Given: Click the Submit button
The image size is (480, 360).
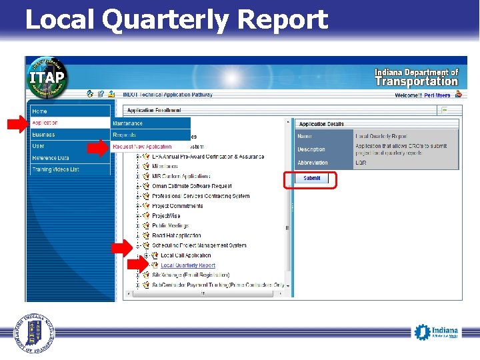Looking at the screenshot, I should click(311, 179).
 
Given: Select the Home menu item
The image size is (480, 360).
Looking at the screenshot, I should click(40, 111).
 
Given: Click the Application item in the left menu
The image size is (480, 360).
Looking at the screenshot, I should click(45, 123).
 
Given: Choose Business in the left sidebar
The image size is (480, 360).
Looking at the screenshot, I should click(44, 135).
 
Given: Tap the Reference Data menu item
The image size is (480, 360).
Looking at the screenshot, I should click(51, 158).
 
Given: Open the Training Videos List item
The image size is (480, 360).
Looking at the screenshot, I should click(55, 169).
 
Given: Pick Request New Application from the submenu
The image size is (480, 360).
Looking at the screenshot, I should click(142, 147).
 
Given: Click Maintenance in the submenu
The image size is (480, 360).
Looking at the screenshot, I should click(128, 123).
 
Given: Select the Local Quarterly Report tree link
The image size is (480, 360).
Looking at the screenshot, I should click(188, 265).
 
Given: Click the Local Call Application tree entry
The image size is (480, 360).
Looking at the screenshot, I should click(185, 255).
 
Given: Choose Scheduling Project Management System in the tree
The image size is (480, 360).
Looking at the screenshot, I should click(199, 245).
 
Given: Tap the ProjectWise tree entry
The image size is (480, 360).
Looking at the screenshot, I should click(166, 216).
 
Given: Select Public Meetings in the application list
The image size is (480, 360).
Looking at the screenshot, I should click(171, 226).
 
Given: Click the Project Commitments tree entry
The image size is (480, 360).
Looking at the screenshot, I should click(177, 206).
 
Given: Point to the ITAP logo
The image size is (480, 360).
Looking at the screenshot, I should click(47, 76).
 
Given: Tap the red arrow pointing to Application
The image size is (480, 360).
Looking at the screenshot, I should click(18, 123).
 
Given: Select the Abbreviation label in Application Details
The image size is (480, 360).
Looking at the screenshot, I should click(312, 163).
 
